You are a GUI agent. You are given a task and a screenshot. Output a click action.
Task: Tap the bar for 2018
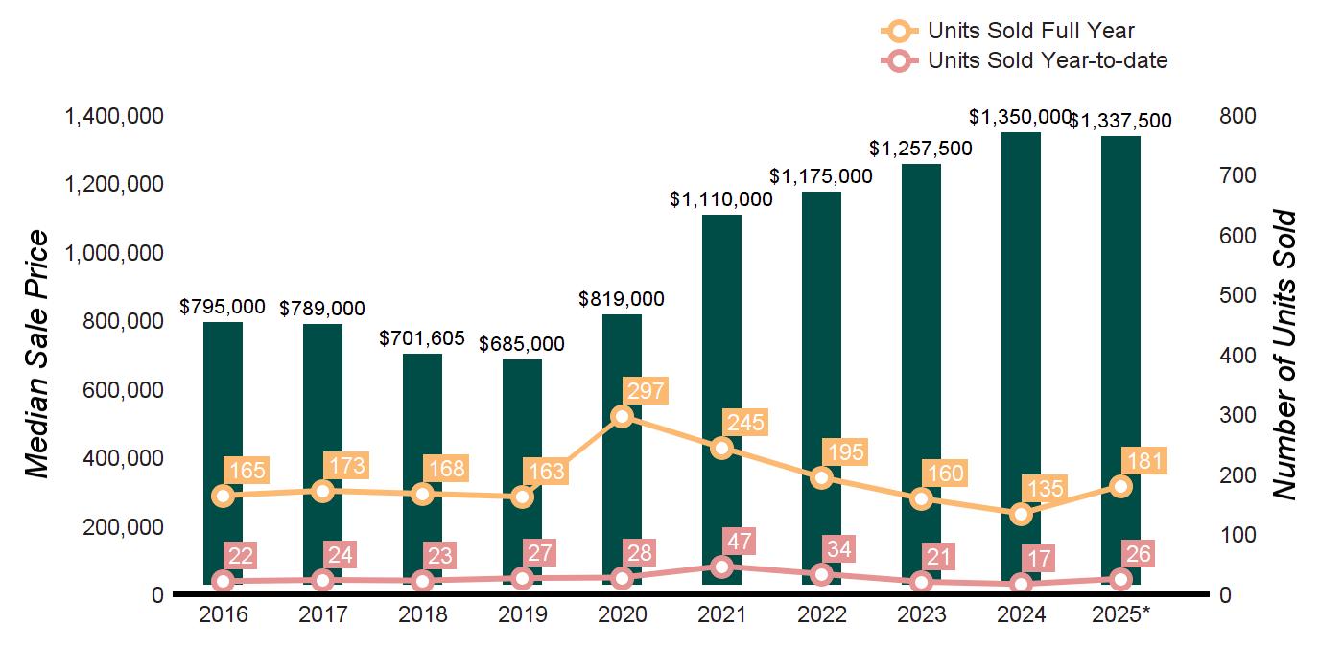422,422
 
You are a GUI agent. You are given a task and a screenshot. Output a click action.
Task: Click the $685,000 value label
522,343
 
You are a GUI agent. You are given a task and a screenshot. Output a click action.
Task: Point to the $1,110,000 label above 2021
721,199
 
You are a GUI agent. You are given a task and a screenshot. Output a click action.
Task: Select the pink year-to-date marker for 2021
722,567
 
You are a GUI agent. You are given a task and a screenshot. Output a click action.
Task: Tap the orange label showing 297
644,391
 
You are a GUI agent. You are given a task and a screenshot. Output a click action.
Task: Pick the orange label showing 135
1043,488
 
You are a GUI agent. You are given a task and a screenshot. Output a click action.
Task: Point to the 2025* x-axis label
1119,614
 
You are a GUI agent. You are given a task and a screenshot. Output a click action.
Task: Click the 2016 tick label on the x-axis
223,614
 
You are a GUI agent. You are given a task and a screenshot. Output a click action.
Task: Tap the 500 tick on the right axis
1237,295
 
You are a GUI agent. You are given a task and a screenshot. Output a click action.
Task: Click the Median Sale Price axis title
36,355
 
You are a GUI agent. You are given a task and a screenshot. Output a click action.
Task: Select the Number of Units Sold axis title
1284,355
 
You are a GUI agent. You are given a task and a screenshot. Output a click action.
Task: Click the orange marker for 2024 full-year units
1021,514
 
